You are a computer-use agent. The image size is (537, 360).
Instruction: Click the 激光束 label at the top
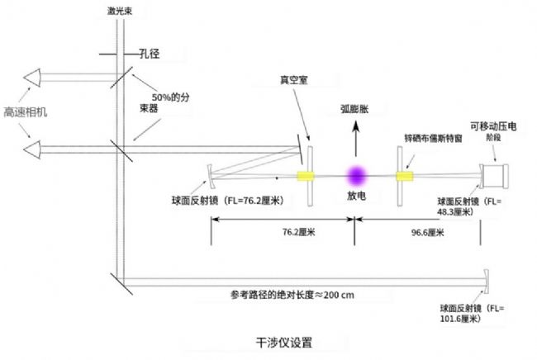[123, 13]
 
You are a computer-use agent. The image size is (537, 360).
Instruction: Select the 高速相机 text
[25, 111]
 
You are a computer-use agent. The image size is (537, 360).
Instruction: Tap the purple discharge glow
[357, 175]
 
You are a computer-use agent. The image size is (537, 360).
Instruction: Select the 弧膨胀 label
[358, 109]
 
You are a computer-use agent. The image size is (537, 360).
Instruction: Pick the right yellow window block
[404, 176]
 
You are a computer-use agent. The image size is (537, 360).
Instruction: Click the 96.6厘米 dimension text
[428, 234]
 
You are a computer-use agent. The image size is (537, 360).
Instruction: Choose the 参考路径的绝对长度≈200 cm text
[291, 295]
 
